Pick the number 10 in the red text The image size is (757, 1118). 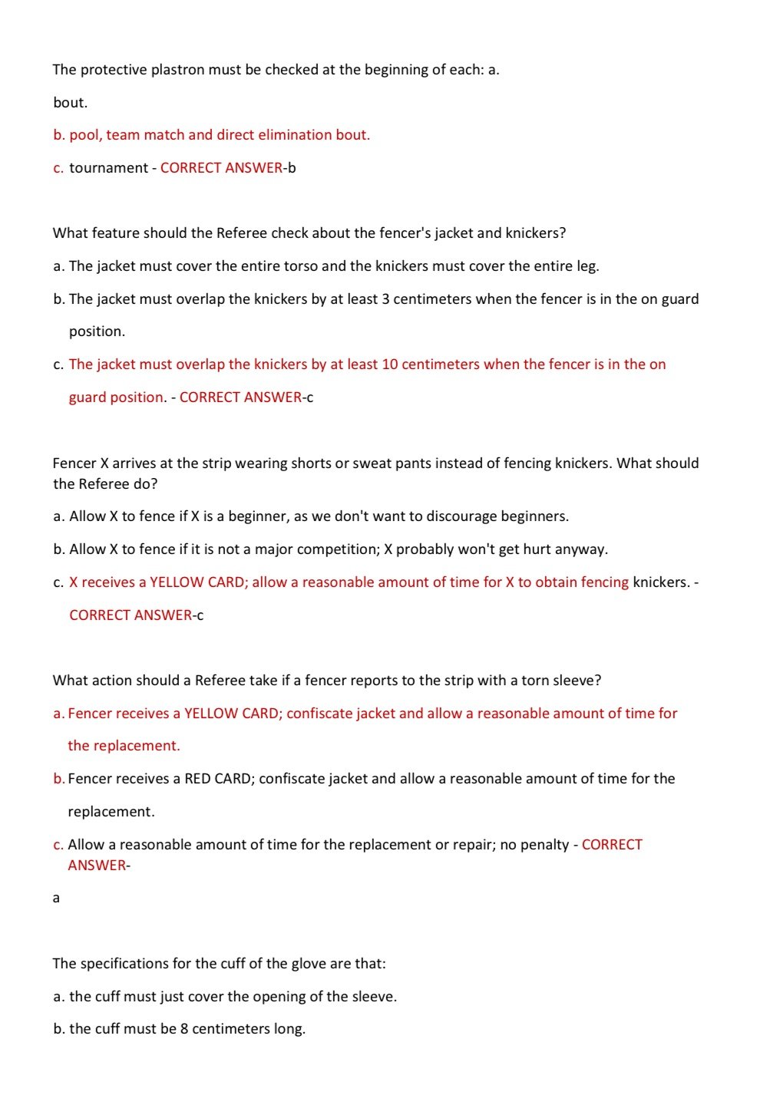(389, 364)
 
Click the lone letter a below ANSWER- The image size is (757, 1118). (56, 898)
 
